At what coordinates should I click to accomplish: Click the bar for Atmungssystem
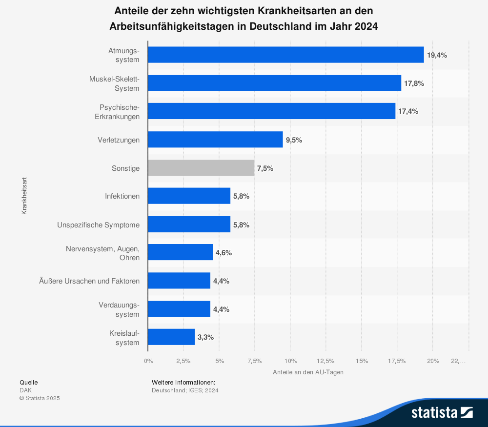285,55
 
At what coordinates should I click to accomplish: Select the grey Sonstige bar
201,168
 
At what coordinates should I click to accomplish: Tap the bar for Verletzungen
215,140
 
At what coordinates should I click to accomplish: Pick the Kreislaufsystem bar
171,337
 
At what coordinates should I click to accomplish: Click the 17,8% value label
414,83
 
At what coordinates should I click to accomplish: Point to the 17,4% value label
408,111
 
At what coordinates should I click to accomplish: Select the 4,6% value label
224,253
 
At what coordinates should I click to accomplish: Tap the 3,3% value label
205,337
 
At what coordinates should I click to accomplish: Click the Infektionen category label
122,196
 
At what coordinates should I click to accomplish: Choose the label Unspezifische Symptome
98,225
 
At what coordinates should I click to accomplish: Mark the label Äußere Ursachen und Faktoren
89,281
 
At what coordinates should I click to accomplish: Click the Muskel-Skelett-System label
114,83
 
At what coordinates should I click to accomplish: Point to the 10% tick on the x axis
291,361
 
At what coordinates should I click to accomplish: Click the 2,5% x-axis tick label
183,361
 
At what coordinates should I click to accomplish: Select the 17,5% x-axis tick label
397,361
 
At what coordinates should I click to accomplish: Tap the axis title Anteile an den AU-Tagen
308,372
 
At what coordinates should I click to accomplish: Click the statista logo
442,412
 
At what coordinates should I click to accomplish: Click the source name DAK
25,390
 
